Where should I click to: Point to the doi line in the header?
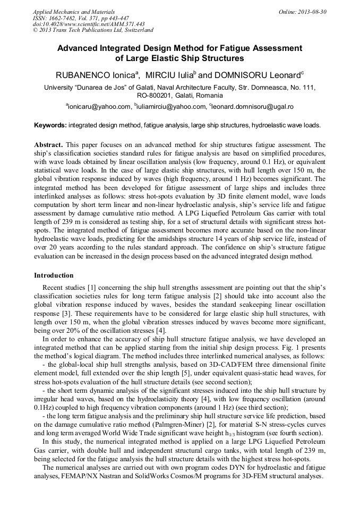pos(89,24)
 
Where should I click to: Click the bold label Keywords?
pos(50,125)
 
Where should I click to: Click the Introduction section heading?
pos(54,275)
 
